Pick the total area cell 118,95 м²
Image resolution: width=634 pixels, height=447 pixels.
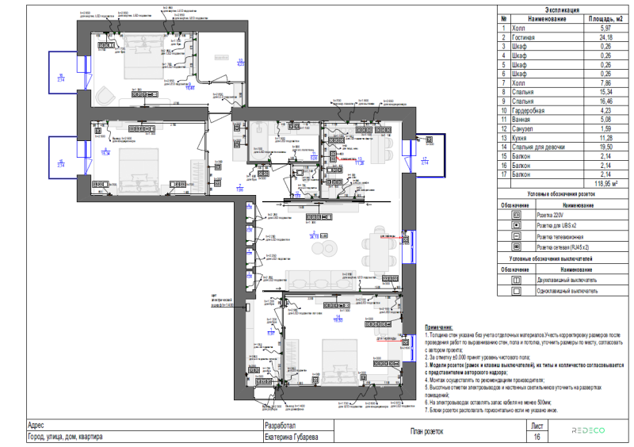(x=605, y=183)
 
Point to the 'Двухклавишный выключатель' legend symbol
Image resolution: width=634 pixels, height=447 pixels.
(x=517, y=280)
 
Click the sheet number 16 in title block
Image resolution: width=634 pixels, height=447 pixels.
(x=537, y=437)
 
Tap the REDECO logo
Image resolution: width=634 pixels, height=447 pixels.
(x=588, y=430)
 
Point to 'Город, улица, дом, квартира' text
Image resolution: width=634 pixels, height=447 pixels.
(x=63, y=437)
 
